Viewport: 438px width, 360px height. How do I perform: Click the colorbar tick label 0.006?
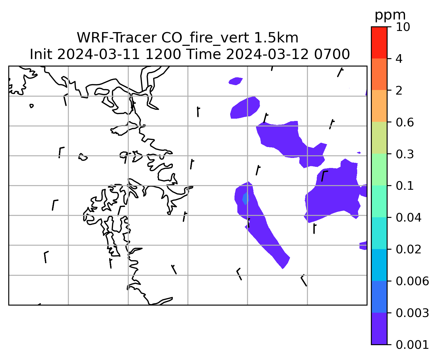[412, 281]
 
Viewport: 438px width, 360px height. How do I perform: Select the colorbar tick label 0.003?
[412, 313]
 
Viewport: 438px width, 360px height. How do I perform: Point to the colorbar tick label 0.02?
[408, 249]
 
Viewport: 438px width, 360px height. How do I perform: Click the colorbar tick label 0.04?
[408, 218]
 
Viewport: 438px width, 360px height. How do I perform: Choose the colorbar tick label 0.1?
[405, 186]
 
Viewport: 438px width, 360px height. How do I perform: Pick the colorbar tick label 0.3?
[405, 154]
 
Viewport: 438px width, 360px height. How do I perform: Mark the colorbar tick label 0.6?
[405, 122]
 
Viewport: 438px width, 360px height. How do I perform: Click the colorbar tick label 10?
[403, 27]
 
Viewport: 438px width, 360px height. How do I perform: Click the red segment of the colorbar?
[379, 42]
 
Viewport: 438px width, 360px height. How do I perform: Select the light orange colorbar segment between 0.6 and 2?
[379, 106]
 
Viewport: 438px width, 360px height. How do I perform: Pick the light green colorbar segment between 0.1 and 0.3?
[379, 169]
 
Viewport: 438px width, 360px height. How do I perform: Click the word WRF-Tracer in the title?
[116, 38]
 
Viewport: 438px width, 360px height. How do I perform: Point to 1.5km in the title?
[276, 38]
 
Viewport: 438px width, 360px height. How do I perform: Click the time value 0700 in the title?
[332, 54]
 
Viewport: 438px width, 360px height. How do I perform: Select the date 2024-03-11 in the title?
[98, 54]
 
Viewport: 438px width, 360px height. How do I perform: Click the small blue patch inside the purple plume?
[246, 198]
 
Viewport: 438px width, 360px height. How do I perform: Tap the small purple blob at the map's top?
[236, 81]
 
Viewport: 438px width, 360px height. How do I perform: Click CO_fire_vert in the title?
[205, 38]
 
